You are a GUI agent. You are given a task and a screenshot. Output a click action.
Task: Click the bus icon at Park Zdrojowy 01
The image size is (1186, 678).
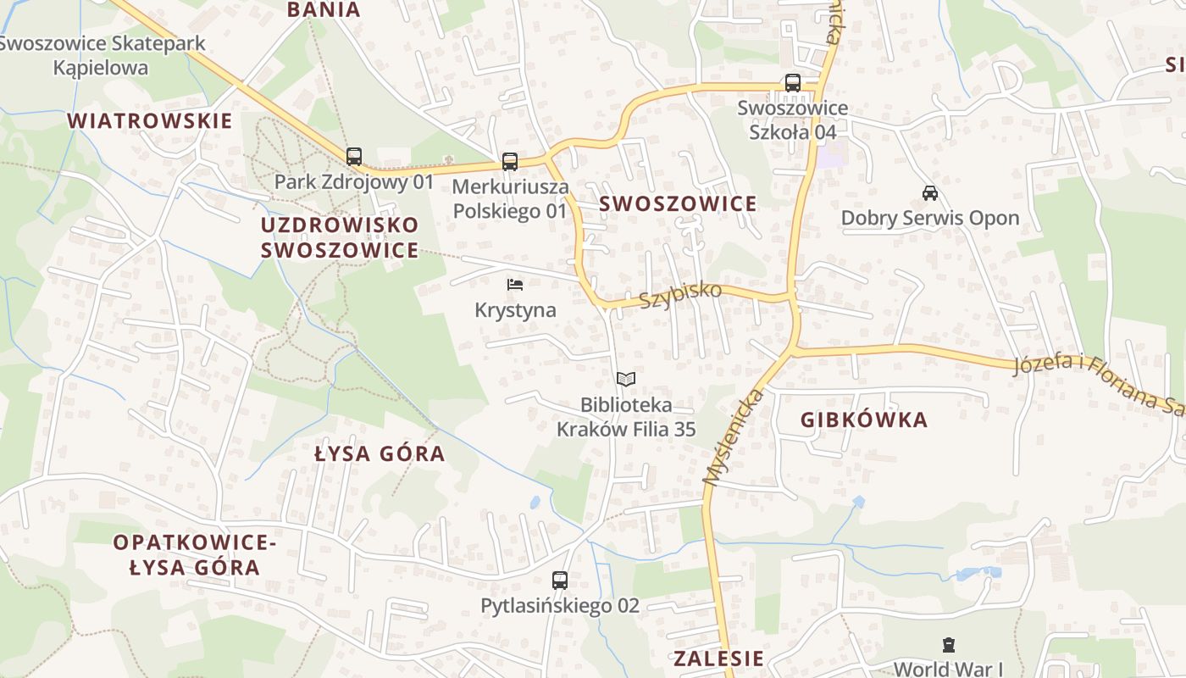(x=354, y=157)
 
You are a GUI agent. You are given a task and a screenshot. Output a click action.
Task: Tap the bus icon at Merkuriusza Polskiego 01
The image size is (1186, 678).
(x=509, y=162)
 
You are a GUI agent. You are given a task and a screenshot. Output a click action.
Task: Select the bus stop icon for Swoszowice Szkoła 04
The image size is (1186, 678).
(x=792, y=83)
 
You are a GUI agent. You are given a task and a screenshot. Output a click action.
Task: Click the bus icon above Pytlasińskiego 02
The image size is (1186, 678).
(x=559, y=581)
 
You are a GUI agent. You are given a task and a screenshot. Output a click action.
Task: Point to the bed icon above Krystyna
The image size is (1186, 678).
(x=515, y=285)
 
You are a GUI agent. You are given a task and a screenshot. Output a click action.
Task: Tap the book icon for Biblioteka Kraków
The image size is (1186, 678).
(x=625, y=379)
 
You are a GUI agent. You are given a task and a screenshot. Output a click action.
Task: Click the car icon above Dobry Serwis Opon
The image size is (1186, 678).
(x=929, y=192)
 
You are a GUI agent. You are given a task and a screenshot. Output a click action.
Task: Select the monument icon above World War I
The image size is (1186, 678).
(x=948, y=645)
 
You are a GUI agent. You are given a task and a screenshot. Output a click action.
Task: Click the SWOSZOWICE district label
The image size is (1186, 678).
(x=678, y=203)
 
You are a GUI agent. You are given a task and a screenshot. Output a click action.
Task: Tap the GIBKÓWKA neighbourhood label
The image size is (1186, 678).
(x=863, y=420)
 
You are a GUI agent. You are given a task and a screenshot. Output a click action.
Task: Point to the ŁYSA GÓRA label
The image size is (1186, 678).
(x=380, y=453)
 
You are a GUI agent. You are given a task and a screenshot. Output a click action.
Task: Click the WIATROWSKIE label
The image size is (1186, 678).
(x=150, y=120)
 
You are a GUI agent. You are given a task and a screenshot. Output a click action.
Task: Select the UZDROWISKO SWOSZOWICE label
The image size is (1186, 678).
(x=340, y=237)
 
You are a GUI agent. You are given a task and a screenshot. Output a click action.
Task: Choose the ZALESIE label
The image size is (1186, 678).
(x=718, y=659)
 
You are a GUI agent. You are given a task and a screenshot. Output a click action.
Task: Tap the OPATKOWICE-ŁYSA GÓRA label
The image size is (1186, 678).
(x=195, y=554)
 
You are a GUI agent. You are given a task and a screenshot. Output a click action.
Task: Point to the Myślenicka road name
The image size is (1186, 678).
(x=734, y=438)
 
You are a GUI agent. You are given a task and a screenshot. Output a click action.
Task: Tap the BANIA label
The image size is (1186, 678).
(x=324, y=10)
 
